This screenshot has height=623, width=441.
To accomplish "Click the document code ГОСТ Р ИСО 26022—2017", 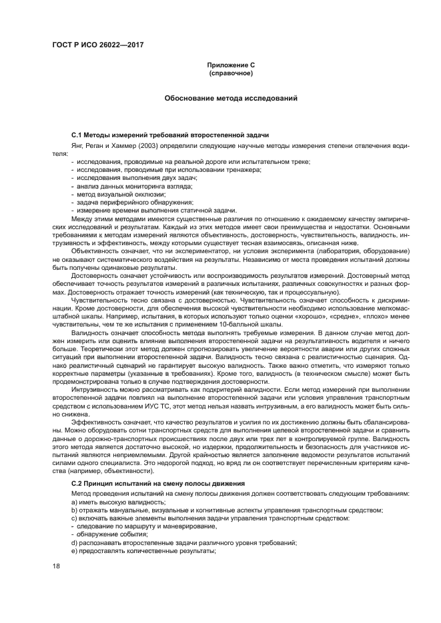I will point(98,45).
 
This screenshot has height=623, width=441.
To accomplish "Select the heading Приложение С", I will point(231,65).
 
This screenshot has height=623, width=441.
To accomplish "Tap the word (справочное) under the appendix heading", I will point(231,73).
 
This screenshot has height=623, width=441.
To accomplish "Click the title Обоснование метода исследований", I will point(231,99).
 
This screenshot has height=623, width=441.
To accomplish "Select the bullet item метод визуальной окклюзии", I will point(115,194).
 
